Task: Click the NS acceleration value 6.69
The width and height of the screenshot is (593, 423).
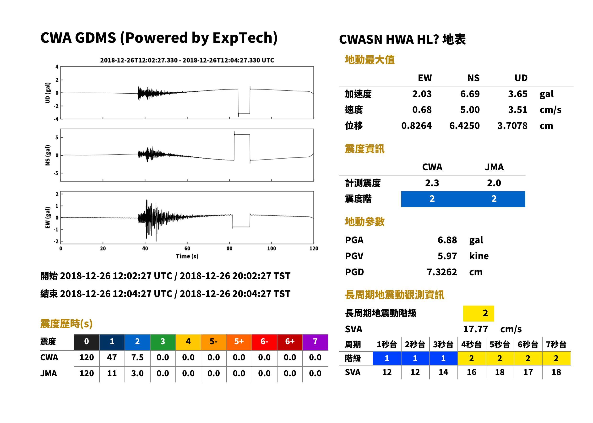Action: point(470,94)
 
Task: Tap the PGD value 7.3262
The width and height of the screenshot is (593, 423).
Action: point(442,272)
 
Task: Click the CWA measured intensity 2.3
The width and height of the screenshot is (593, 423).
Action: point(432,183)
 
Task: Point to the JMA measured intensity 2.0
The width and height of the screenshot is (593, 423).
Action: point(494,183)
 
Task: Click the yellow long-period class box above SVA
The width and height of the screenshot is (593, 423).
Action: point(479,313)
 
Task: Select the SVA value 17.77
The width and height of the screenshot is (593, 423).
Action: point(475,329)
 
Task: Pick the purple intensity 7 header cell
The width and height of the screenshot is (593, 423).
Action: point(315,342)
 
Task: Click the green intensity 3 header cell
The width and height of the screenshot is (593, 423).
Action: point(163,342)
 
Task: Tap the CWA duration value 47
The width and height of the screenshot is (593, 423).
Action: point(112,357)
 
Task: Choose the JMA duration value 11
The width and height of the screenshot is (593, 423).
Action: point(112,373)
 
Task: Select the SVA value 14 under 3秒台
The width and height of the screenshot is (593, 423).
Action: point(443,372)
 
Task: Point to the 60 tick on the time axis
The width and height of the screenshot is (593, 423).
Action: point(187,249)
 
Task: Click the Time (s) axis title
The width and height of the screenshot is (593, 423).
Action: point(187,256)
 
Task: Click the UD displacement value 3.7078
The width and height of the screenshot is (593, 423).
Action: point(512,126)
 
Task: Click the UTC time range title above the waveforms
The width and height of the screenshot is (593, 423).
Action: point(187,60)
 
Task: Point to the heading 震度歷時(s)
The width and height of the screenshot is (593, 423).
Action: point(66,323)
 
